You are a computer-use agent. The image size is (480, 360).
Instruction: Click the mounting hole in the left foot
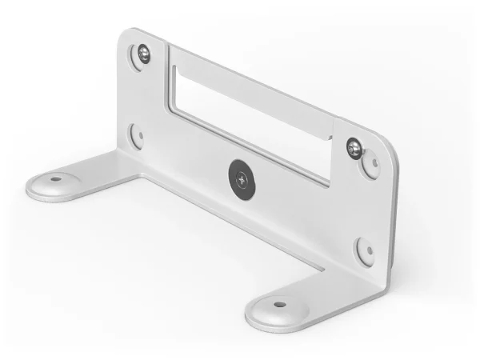(x=54, y=178)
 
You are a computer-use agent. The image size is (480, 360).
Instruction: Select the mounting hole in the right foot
(x=278, y=304)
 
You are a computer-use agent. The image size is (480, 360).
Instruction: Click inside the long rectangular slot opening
(x=248, y=120)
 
